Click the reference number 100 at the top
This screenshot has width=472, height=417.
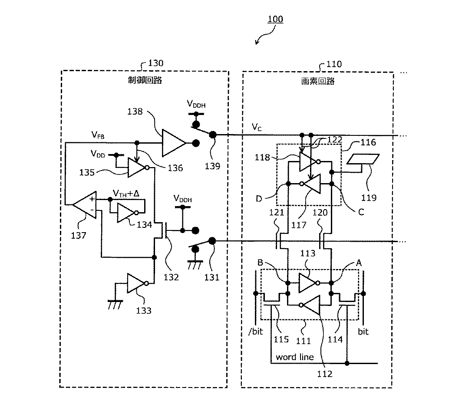[275, 19]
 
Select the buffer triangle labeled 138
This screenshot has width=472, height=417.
[174, 143]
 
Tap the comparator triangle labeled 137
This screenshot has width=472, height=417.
[84, 204]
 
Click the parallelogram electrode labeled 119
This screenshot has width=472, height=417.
[363, 159]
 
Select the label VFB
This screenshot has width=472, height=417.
[98, 135]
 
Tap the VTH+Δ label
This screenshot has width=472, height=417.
[126, 194]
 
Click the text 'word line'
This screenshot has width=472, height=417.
[295, 357]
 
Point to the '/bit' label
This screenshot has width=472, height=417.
[256, 332]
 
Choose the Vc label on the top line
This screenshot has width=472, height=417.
[257, 127]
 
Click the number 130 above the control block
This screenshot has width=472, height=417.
[155, 63]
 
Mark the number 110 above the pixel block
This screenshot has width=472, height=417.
[334, 64]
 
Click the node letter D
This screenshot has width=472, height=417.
[259, 199]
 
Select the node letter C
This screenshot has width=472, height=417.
[361, 212]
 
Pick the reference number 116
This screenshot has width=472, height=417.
[368, 142]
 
